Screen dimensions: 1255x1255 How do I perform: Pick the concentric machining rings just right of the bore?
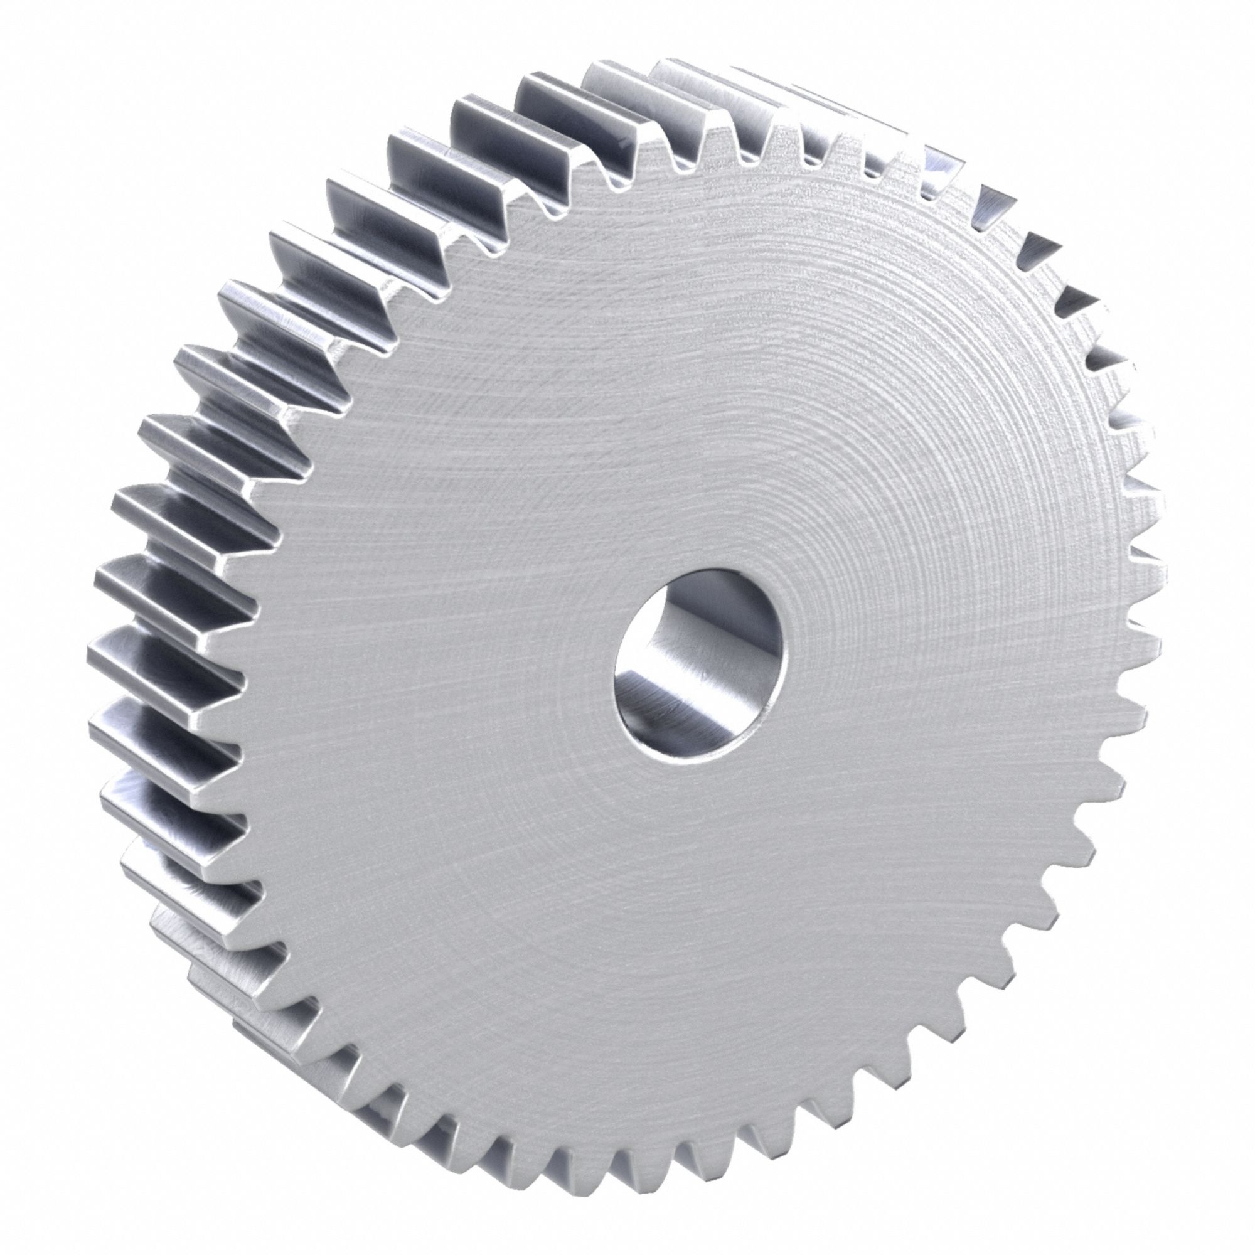(x=845, y=649)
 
